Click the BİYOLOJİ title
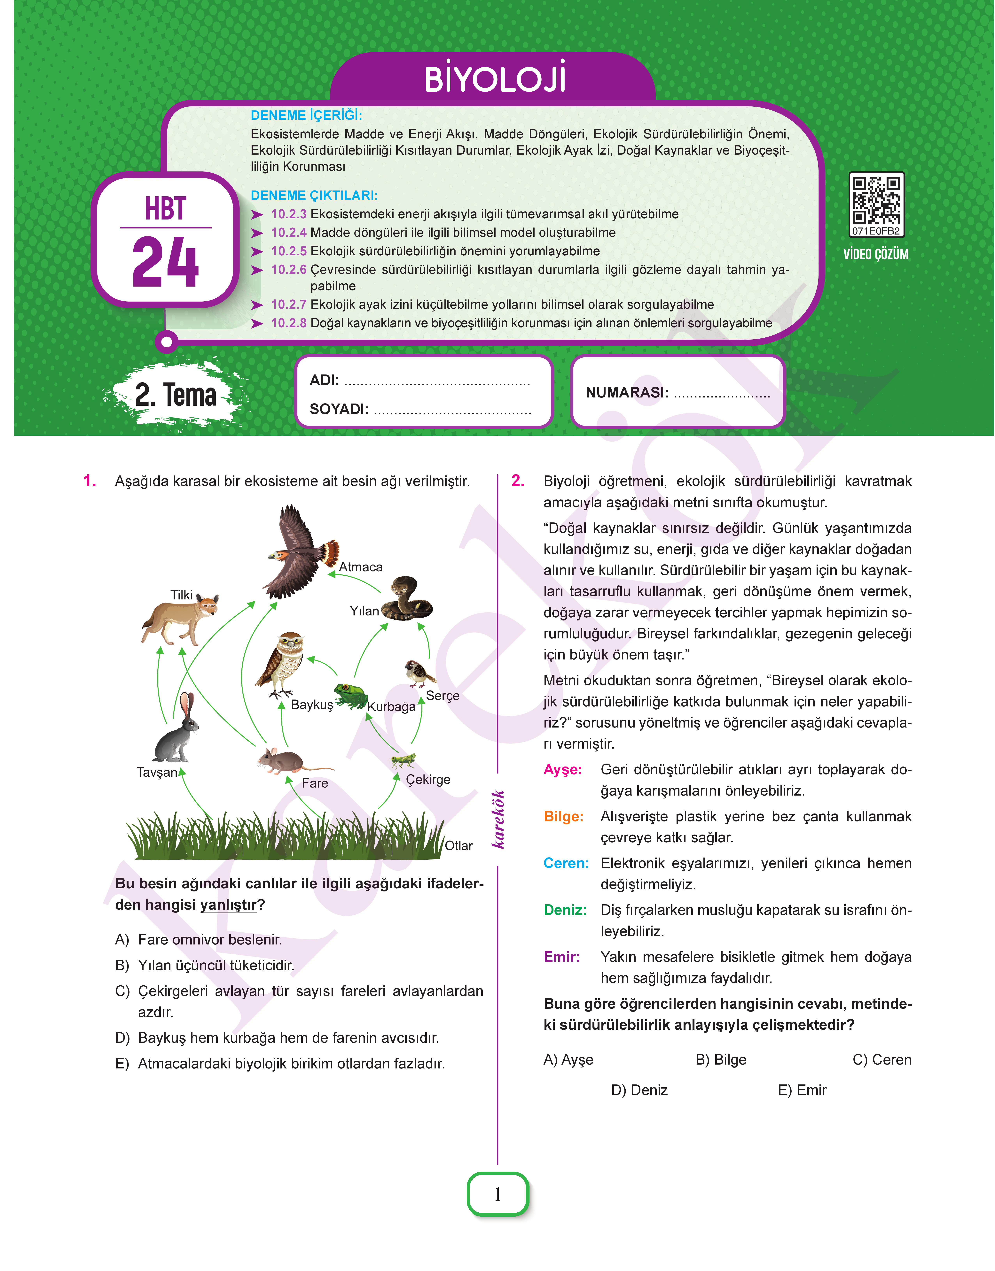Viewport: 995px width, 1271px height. tap(495, 79)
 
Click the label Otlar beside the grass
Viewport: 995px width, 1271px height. tap(458, 845)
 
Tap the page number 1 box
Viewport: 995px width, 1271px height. tap(497, 1194)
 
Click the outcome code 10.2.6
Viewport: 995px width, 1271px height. tap(288, 270)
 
